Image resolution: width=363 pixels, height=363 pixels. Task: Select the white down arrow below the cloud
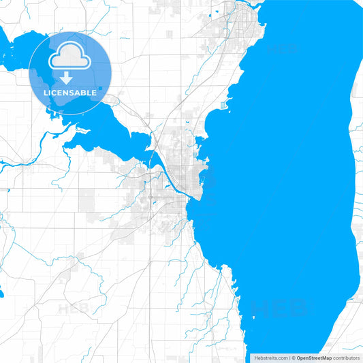(66, 77)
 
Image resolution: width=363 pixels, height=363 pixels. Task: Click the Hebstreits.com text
(270, 358)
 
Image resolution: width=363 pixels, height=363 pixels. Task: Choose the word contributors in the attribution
(347, 358)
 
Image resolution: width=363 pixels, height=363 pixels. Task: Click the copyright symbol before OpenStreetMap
(293, 358)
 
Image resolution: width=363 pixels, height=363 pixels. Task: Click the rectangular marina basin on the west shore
(225, 104)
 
